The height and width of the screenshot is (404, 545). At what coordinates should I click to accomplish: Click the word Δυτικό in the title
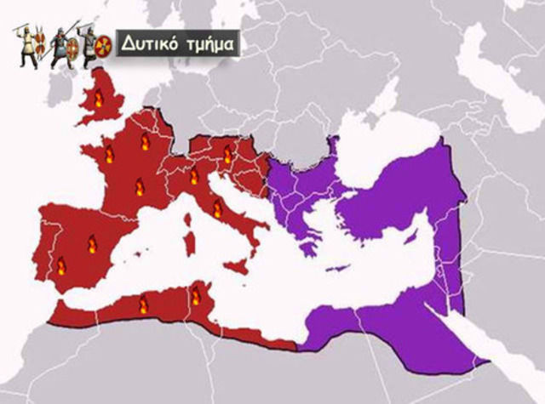pos(145,43)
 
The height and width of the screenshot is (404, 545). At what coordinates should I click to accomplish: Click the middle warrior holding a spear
pos(61,46)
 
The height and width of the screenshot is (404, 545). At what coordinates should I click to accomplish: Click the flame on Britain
pos(97,100)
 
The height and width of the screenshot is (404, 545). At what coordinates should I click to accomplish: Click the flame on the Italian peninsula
pos(217,208)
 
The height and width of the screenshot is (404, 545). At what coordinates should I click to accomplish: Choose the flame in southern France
pos(141,185)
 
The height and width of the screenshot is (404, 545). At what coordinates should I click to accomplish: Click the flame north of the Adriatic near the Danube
pos(227,154)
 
